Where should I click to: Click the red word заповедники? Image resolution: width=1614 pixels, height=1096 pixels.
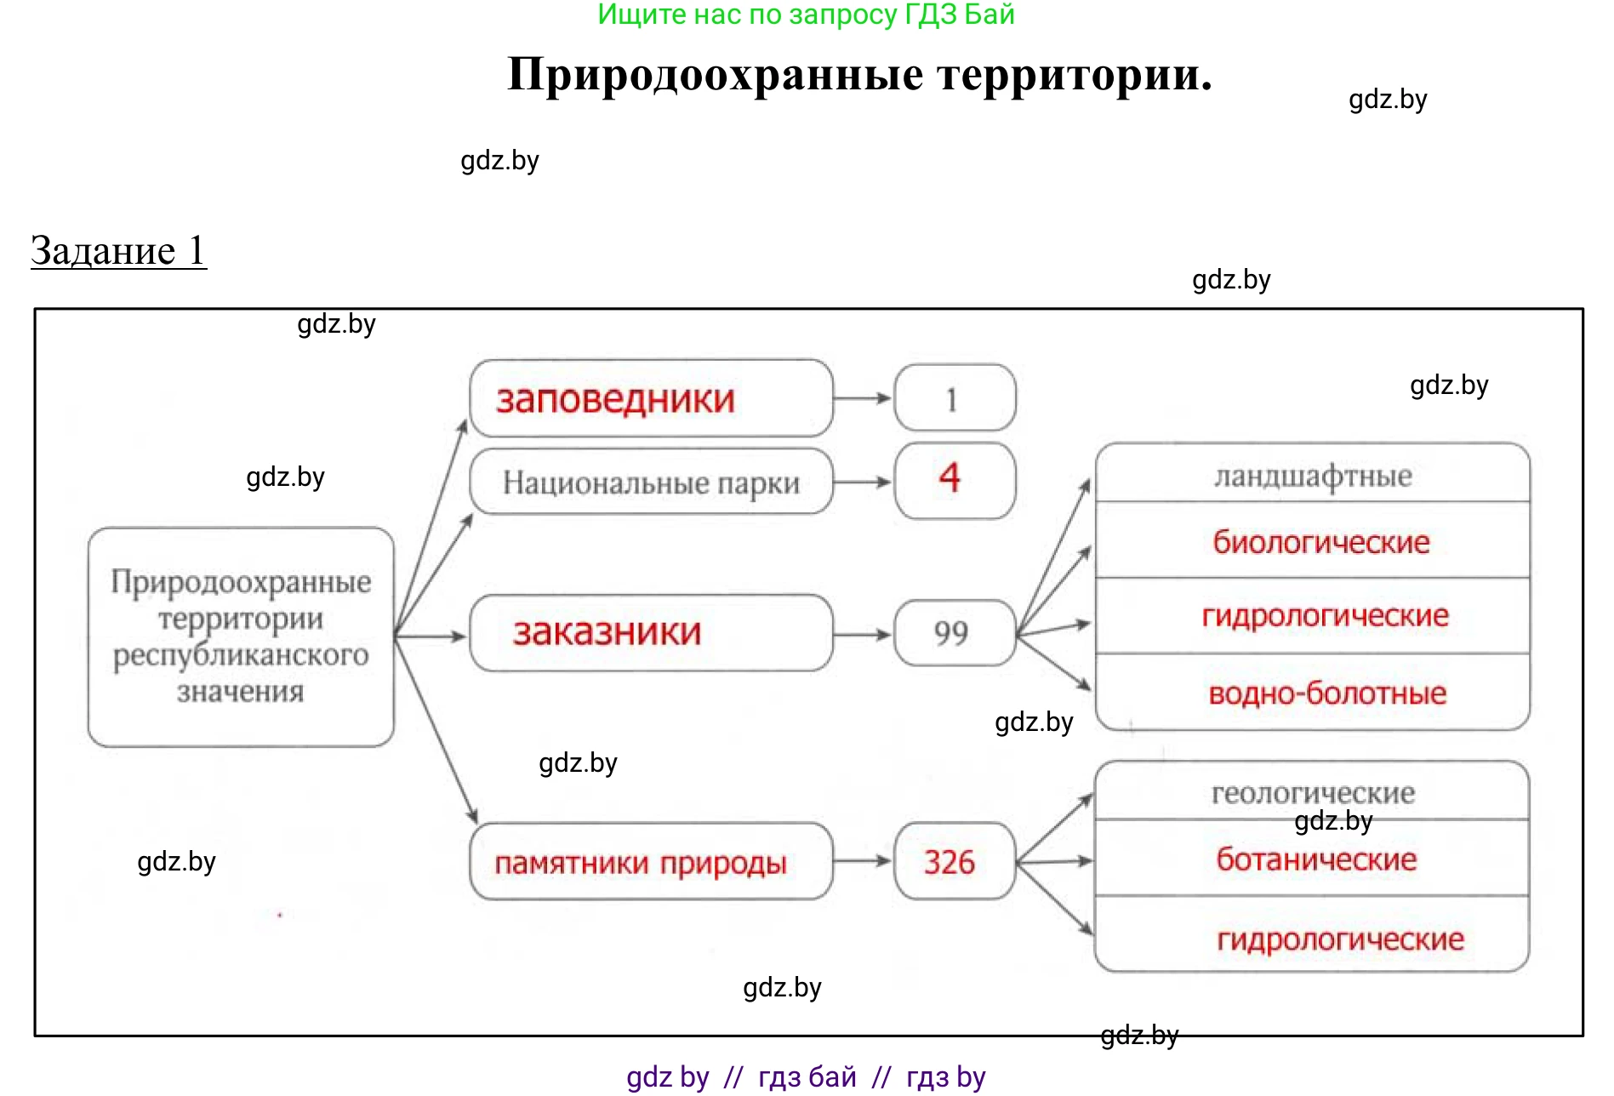615,399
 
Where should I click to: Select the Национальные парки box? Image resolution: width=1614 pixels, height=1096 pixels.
651,482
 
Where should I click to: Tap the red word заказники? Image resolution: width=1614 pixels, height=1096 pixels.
607,632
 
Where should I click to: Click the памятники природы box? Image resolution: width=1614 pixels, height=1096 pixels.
651,862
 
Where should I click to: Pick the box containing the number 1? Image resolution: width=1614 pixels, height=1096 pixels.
954,398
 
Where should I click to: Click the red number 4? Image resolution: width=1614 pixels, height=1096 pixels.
950,477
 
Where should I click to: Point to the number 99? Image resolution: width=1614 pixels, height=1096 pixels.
951,633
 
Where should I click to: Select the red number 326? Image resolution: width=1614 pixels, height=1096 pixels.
950,862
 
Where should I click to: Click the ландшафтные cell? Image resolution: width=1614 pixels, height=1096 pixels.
1312,475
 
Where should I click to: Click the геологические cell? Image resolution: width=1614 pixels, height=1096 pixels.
1312,793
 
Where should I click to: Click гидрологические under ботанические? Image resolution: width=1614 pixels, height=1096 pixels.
1340,939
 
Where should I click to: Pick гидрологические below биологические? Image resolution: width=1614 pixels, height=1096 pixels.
1325,615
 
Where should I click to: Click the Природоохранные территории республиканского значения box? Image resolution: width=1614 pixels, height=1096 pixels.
241,636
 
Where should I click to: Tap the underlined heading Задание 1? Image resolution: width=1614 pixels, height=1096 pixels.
118,251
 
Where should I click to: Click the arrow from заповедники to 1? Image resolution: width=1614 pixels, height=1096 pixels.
863,398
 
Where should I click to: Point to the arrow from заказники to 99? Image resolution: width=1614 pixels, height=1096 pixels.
863,634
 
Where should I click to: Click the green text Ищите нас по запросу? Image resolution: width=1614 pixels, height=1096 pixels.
806,14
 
